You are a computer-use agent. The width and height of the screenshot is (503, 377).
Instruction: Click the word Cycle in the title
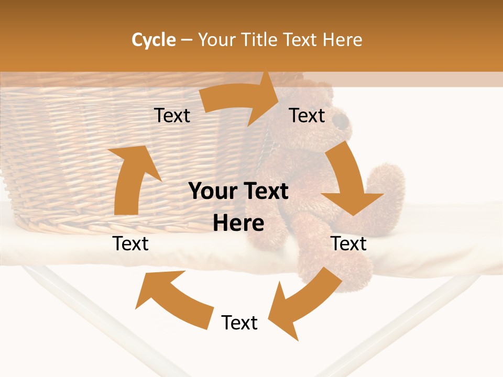(154, 40)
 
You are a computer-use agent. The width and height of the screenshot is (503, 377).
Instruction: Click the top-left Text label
(172, 115)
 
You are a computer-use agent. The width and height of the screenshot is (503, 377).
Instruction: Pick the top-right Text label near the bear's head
(307, 115)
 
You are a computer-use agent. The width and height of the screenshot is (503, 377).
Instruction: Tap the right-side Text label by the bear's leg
(349, 243)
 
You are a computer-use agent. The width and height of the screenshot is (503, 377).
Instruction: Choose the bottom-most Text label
(239, 323)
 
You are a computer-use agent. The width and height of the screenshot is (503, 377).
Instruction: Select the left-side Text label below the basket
(131, 243)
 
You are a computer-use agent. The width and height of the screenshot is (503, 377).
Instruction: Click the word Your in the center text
(211, 192)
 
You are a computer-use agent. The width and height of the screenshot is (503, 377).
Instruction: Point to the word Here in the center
(238, 224)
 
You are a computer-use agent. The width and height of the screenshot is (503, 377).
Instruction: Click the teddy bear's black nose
(342, 122)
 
